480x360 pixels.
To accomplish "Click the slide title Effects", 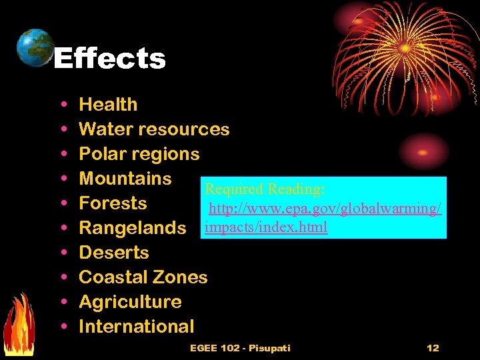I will pos(109,59).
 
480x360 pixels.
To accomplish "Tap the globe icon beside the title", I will pos(34,47).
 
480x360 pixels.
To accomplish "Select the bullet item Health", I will pos(108,105).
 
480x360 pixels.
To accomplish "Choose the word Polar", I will pos(99,154).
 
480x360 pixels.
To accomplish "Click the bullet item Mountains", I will pos(125,179).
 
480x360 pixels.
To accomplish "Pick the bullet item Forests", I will pos(113,203).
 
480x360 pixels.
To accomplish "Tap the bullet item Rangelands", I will pos(132,228).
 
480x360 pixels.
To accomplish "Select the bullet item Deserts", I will pos(114,253).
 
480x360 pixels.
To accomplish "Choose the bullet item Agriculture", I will pos(130,302).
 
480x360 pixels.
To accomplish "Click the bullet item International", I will pos(137,327).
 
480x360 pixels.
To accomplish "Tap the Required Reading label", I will pos(265,190).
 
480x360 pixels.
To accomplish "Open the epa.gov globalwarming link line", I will pos(325,209).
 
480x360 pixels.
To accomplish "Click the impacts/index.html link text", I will pos(267,227).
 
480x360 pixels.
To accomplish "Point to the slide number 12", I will pos(433,348).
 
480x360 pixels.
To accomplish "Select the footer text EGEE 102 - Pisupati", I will pos(240,348).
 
